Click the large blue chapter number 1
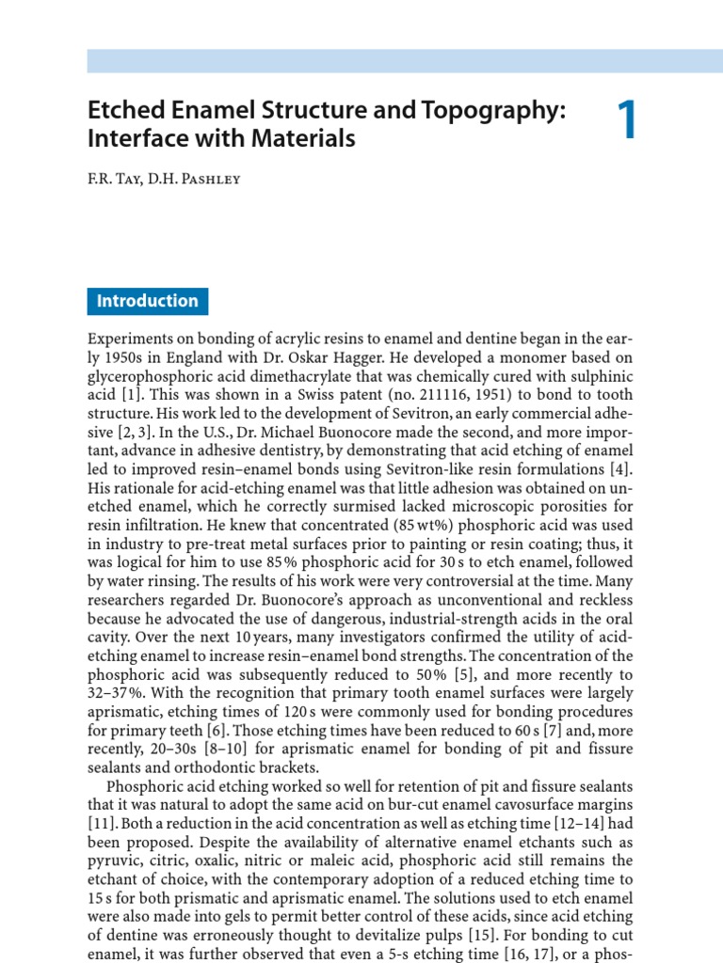[x=626, y=123]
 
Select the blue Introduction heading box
[x=148, y=302]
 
